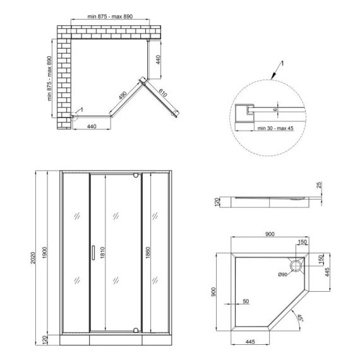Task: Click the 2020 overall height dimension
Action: pyautogui.click(x=33, y=258)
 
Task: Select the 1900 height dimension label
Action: pyautogui.click(x=45, y=253)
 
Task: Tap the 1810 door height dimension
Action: pyautogui.click(x=102, y=253)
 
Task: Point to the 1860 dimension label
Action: pyautogui.click(x=148, y=253)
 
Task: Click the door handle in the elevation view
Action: pyautogui.click(x=93, y=253)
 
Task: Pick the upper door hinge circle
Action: pyautogui.click(x=136, y=176)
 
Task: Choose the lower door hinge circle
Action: pyautogui.click(x=136, y=330)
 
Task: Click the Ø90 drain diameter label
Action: pyautogui.click(x=282, y=274)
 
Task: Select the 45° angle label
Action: pyautogui.click(x=299, y=318)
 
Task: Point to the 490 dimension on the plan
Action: pyautogui.click(x=123, y=95)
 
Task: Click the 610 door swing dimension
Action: pyautogui.click(x=162, y=93)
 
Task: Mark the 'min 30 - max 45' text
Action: pyautogui.click(x=275, y=128)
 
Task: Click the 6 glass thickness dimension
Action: pyautogui.click(x=275, y=110)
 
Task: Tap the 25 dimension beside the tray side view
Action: pyautogui.click(x=319, y=185)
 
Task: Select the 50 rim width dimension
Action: pyautogui.click(x=246, y=301)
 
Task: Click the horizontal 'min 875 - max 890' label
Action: pyautogui.click(x=110, y=16)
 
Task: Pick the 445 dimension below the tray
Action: pyautogui.click(x=250, y=342)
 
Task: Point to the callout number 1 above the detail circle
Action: pyautogui.click(x=282, y=63)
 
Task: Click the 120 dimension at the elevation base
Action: pyautogui.click(x=45, y=340)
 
